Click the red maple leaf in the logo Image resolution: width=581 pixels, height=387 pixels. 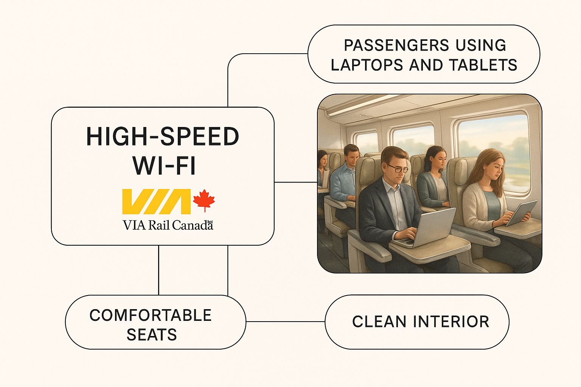point(204,200)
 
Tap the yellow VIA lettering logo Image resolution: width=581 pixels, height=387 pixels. point(156,202)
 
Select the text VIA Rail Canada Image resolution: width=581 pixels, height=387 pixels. point(168,225)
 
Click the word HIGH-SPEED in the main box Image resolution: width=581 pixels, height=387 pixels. point(163,136)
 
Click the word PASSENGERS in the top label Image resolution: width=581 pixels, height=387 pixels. point(396,45)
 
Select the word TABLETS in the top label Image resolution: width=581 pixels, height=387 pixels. point(483,65)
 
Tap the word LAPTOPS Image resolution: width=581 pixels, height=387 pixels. point(367,65)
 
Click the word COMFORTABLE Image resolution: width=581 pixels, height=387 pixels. point(151,315)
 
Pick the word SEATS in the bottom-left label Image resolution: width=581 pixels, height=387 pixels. point(152,334)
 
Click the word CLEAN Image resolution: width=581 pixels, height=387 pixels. point(379,322)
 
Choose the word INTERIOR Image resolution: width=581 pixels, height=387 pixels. point(451,322)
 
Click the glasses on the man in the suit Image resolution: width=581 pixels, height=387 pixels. point(398,169)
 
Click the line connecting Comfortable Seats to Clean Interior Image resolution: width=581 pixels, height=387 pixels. point(285,322)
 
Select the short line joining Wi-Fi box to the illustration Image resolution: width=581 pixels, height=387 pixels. point(296,182)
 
